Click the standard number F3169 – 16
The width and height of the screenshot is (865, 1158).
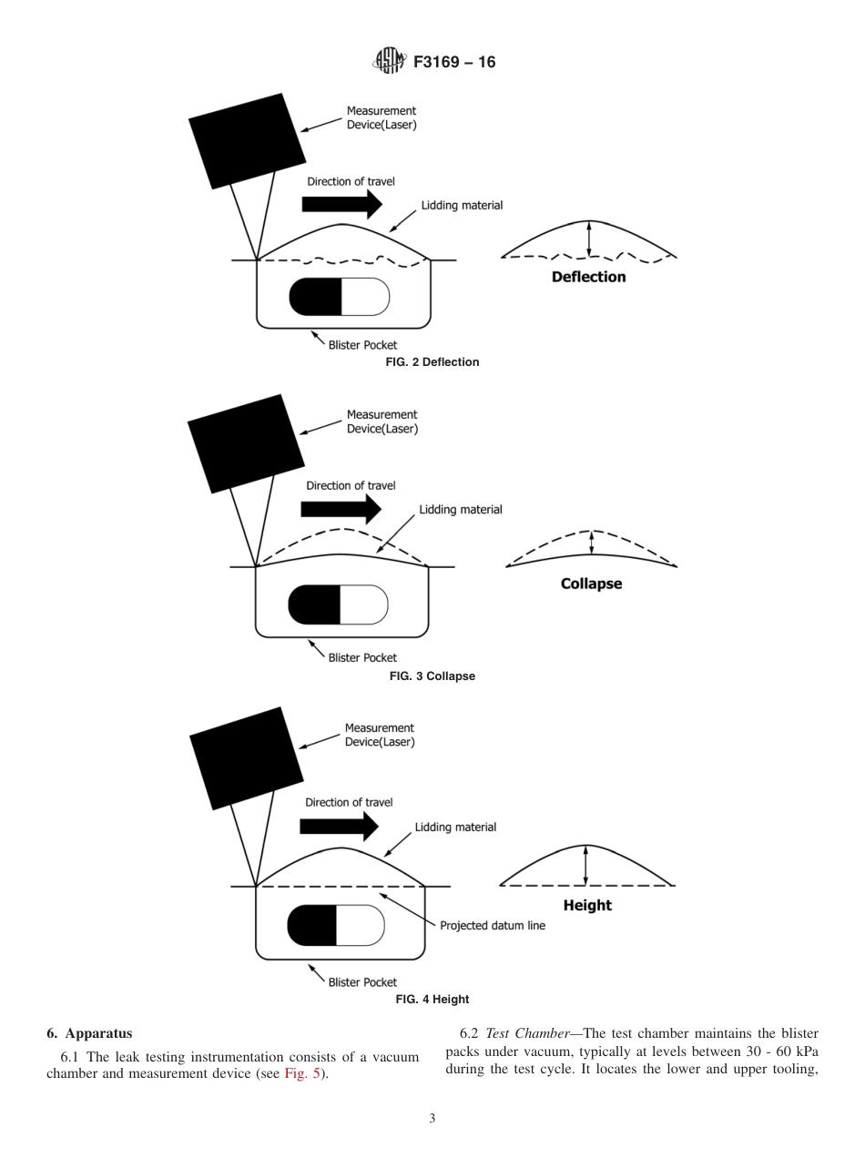[454, 63]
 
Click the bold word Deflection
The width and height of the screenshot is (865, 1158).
[588, 277]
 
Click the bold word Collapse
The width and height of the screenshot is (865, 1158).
[591, 584]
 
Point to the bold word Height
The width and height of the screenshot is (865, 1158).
[587, 905]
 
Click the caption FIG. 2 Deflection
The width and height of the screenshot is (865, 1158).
[432, 362]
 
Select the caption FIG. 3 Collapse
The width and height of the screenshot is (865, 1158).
[432, 676]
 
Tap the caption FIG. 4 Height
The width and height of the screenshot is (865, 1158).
[432, 1000]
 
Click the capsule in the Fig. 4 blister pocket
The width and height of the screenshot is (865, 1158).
[336, 926]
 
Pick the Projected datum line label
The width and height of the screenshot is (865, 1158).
[493, 926]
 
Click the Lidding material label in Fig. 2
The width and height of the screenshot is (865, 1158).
[462, 206]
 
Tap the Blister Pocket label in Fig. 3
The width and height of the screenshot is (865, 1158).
[362, 657]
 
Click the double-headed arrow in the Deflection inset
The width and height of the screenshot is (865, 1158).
[589, 238]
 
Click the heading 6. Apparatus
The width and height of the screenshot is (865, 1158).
[89, 1033]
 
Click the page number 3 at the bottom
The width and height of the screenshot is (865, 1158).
[432, 1119]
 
